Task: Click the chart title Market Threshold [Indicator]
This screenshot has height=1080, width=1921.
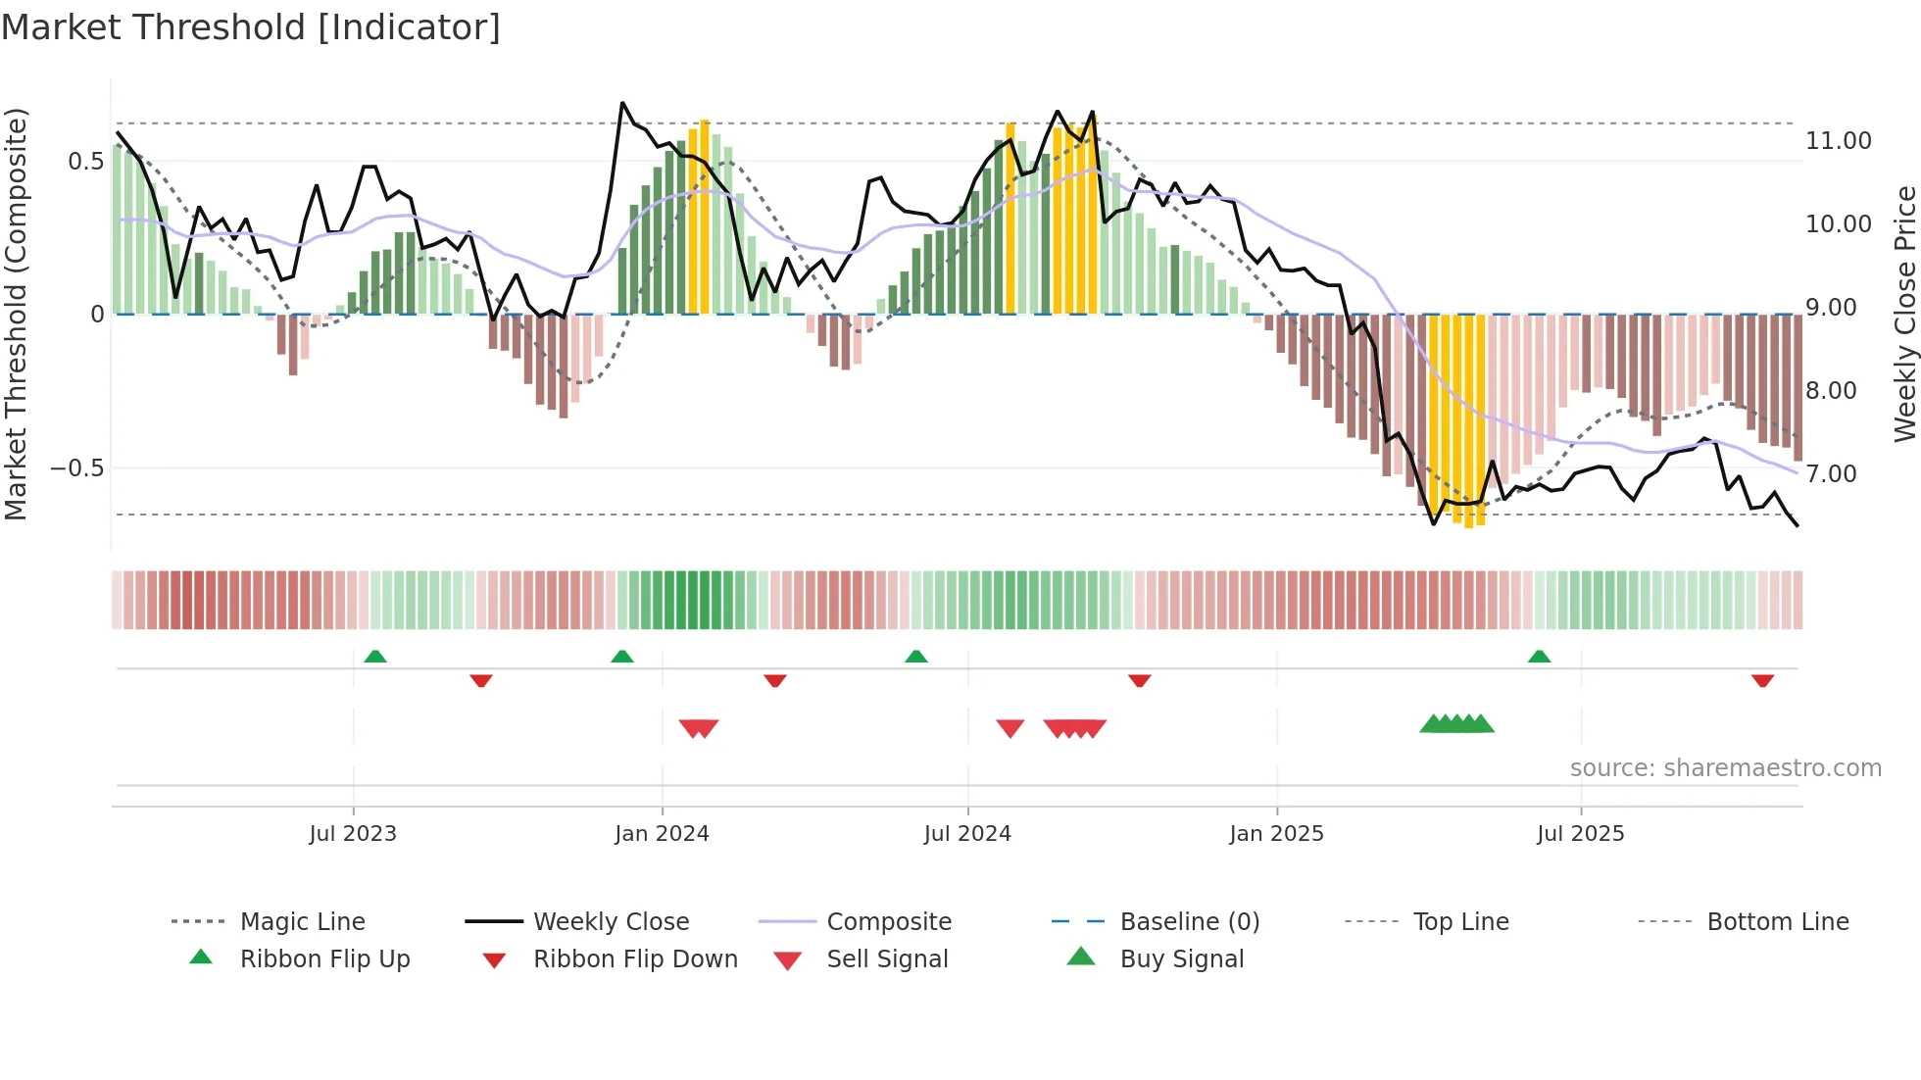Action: tap(251, 27)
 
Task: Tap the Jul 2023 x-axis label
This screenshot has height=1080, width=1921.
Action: tap(353, 834)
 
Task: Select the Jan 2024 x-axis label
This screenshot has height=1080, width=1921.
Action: tap(662, 834)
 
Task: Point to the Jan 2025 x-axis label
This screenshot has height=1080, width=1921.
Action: tap(1276, 834)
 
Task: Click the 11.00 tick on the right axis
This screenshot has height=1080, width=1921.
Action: tap(1838, 141)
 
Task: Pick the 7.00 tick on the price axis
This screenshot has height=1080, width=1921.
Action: tap(1838, 474)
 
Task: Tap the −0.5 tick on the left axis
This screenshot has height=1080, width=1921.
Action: tap(77, 468)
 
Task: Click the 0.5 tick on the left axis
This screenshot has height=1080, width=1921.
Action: tap(85, 162)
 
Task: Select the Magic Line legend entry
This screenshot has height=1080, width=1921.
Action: tap(302, 922)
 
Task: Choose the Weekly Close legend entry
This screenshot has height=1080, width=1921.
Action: tap(611, 922)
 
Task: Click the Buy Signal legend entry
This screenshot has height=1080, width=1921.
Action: tap(1181, 959)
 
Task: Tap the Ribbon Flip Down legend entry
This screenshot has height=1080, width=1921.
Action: tap(634, 959)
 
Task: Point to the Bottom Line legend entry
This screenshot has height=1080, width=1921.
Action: tap(1777, 922)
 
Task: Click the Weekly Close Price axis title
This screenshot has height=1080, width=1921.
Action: tap(1904, 314)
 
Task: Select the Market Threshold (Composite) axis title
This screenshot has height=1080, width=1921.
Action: tap(16, 314)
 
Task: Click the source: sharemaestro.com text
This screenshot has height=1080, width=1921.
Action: tap(1725, 768)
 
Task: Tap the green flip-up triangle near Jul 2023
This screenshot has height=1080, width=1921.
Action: tap(375, 657)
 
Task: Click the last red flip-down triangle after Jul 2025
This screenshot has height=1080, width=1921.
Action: tap(1762, 680)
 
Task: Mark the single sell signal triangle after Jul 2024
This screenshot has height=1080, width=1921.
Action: tap(1010, 728)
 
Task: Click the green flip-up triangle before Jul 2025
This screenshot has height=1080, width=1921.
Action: tap(1539, 657)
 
